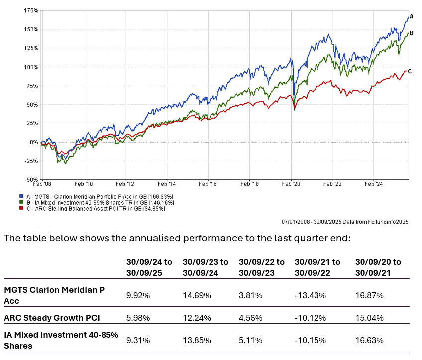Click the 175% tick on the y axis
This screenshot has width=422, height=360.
(x=30, y=10)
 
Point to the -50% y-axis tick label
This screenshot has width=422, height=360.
(x=31, y=180)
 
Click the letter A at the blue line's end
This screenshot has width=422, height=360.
(x=412, y=16)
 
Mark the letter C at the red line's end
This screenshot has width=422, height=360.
(x=410, y=71)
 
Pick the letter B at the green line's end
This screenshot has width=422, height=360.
(x=411, y=32)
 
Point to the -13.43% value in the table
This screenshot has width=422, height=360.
(x=310, y=295)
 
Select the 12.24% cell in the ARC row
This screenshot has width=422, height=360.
(x=197, y=317)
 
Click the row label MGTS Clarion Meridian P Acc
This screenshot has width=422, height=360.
(x=55, y=295)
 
